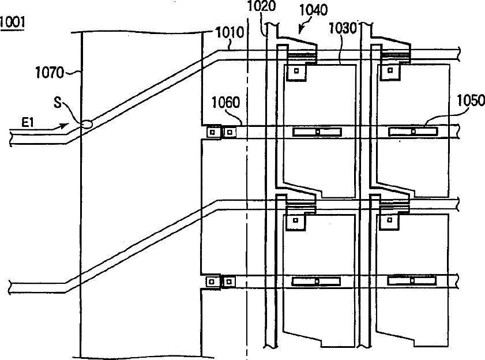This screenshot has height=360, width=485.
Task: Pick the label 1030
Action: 342,28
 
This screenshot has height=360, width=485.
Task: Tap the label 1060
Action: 224,104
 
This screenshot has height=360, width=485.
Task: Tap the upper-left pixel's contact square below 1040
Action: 296,72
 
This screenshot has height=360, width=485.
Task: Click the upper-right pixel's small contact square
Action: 390,72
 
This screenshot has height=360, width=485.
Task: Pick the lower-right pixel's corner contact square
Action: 390,220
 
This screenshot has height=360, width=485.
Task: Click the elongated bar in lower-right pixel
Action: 412,281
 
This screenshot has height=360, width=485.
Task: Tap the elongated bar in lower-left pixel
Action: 317,282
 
